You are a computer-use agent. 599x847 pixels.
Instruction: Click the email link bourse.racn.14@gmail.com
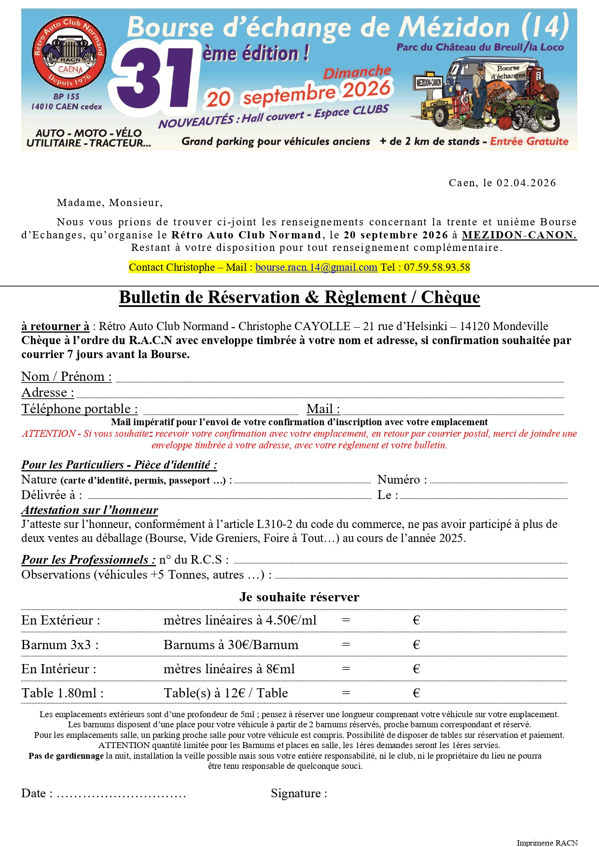point(316,267)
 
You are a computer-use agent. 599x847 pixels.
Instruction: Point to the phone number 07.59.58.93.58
point(437,267)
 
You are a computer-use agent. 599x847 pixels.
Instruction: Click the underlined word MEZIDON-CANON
point(519,235)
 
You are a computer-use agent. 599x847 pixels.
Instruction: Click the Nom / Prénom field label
point(67,376)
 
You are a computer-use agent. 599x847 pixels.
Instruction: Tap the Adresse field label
point(48,392)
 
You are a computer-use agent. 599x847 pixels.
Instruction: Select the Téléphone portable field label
point(80,409)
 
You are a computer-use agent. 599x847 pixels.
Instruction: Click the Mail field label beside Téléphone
point(323,409)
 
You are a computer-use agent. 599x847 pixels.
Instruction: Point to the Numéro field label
point(402,479)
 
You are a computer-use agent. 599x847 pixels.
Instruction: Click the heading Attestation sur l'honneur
point(90,510)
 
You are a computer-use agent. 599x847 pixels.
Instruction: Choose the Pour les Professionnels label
point(88,559)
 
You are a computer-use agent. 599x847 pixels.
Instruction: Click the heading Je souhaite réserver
point(299,597)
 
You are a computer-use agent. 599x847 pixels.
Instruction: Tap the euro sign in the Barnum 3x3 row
point(417,645)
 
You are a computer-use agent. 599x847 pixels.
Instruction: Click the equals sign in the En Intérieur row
point(346,669)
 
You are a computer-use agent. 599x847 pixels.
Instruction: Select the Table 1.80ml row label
point(62,693)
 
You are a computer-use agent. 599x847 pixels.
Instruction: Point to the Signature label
point(299,793)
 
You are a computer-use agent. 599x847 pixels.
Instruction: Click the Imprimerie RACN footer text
point(547,843)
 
